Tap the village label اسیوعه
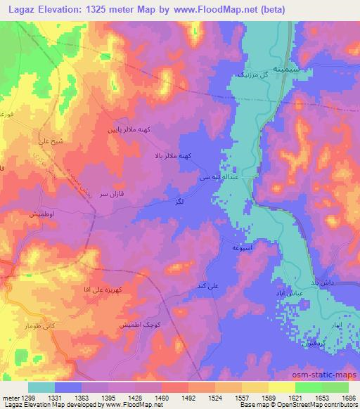point(233,248)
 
